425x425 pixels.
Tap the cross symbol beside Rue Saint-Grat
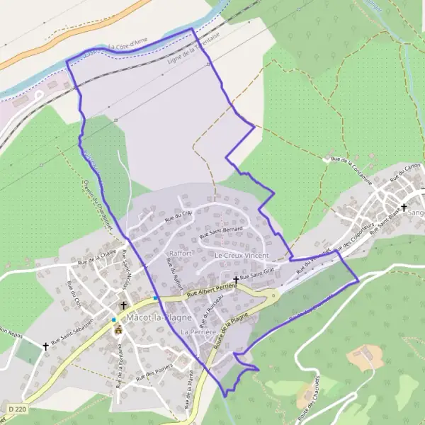(x=236, y=280)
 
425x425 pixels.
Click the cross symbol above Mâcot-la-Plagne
(x=123, y=305)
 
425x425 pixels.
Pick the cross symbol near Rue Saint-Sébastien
(x=46, y=346)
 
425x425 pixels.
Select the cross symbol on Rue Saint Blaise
(x=404, y=208)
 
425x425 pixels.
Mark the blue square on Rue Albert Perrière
(x=156, y=297)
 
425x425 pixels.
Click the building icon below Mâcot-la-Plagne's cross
(x=118, y=329)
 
